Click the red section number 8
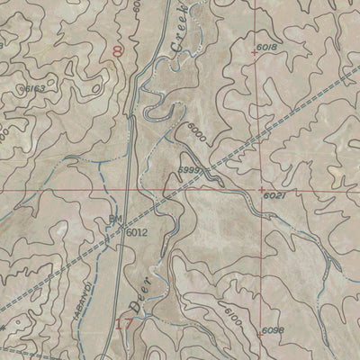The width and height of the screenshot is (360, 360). click(x=118, y=52)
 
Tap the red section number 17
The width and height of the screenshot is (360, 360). click(x=124, y=323)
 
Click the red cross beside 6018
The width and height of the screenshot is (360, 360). click(x=255, y=53)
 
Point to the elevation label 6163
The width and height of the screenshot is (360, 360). click(x=34, y=87)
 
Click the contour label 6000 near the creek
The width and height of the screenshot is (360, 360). click(x=199, y=132)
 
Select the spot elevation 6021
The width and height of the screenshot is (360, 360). click(x=274, y=195)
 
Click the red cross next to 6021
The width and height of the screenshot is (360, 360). click(x=260, y=190)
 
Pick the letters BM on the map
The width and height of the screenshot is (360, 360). click(x=114, y=219)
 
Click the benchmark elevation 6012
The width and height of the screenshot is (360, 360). click(x=136, y=232)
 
